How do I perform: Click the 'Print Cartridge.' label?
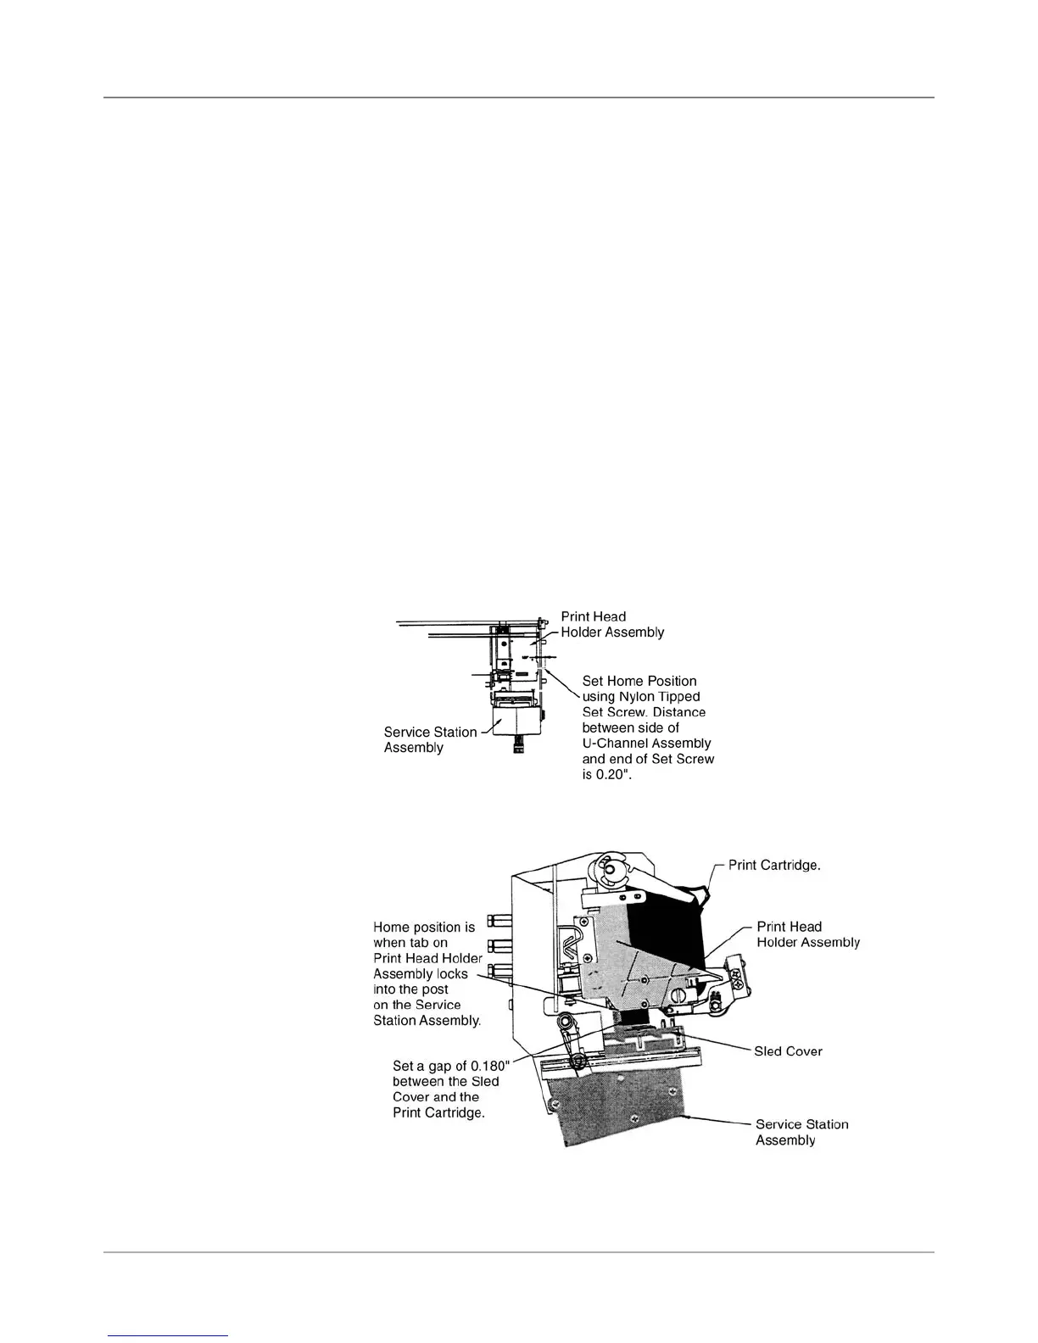pos(774,866)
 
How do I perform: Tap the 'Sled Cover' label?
pos(788,1051)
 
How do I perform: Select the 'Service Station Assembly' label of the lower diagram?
pos(801,1132)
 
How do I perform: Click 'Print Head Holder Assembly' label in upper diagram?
pos(612,624)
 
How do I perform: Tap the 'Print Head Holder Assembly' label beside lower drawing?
pos(807,934)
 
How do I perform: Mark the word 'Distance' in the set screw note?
pos(678,711)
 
